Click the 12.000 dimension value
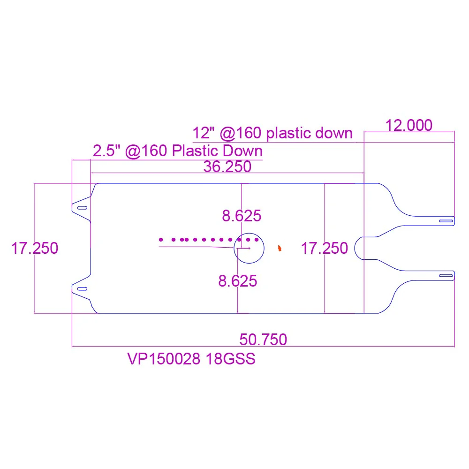(409, 125)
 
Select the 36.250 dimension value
(227, 166)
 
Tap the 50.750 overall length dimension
(263, 340)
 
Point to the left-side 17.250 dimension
(35, 248)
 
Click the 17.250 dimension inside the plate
(325, 248)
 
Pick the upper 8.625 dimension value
(242, 216)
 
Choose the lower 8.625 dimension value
(238, 281)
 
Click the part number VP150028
(164, 359)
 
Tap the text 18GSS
(231, 359)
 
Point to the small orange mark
(280, 248)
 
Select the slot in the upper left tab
(82, 208)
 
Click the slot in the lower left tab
(82, 288)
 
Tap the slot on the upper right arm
(446, 221)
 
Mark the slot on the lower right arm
(446, 275)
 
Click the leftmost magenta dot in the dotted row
(161, 240)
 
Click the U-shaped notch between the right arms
(355, 248)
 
